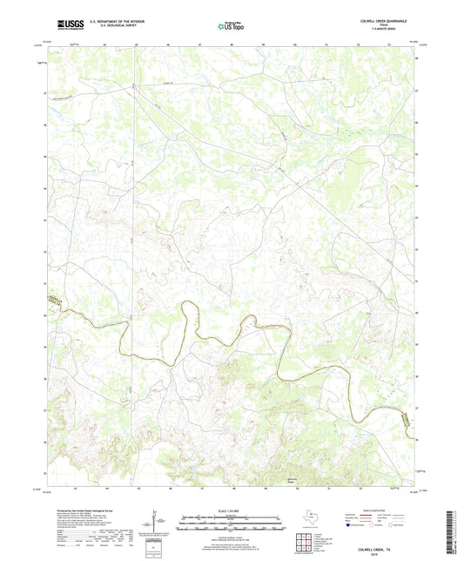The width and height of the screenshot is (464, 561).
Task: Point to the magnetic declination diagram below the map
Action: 157,523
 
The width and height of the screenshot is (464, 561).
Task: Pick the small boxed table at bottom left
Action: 155,546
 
